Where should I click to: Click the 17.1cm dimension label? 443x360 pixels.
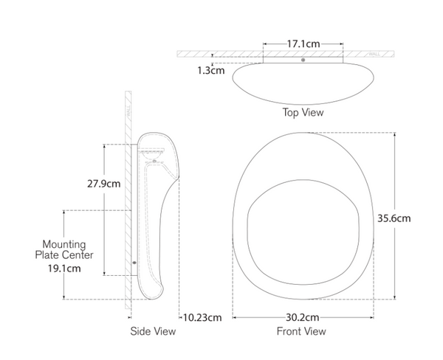click(x=303, y=44)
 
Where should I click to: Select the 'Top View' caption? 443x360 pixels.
click(x=303, y=113)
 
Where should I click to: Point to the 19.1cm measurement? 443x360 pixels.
click(x=63, y=269)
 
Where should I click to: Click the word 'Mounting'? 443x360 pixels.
click(x=63, y=244)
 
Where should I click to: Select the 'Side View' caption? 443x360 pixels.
click(x=153, y=331)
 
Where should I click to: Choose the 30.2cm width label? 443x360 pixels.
click(x=303, y=317)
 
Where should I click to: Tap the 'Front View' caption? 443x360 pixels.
click(x=301, y=331)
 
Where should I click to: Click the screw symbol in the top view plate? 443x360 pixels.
click(x=303, y=59)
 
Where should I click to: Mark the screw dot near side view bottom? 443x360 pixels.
click(x=134, y=262)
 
